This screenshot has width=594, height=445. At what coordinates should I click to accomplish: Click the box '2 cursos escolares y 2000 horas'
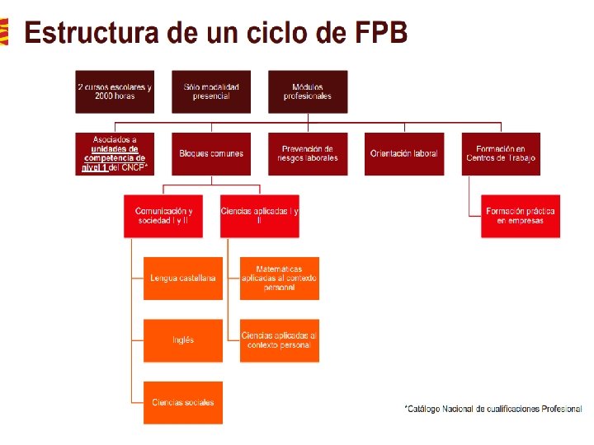tap(115, 91)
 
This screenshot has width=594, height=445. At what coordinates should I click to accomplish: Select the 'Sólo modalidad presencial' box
tap(211, 91)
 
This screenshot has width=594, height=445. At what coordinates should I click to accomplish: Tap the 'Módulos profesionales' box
tap(308, 91)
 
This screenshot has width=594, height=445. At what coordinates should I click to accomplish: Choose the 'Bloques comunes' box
tap(211, 153)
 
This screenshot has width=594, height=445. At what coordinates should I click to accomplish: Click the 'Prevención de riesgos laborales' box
tap(308, 153)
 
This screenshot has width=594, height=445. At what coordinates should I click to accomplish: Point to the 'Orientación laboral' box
tap(404, 153)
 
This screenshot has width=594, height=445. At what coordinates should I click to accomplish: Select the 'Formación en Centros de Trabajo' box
tap(501, 153)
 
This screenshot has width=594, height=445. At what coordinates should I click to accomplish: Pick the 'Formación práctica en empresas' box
tap(521, 216)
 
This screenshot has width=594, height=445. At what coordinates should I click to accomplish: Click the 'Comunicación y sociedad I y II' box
tap(163, 216)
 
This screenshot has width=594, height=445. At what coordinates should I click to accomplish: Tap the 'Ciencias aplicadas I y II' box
tap(260, 216)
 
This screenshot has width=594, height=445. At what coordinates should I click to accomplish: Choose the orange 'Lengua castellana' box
tap(183, 279)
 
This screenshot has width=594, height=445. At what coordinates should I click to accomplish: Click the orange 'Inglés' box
tap(183, 340)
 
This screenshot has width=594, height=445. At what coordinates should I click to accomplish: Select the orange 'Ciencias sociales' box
tap(183, 402)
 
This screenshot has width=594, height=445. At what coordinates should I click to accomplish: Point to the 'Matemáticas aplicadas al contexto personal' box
tap(280, 279)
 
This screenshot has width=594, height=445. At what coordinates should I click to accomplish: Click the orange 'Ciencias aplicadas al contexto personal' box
tap(280, 340)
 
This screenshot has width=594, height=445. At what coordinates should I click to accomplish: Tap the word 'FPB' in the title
tap(380, 34)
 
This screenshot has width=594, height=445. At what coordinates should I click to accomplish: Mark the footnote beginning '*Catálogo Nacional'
tap(493, 409)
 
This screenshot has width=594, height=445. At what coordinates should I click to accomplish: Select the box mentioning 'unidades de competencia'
tap(115, 153)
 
